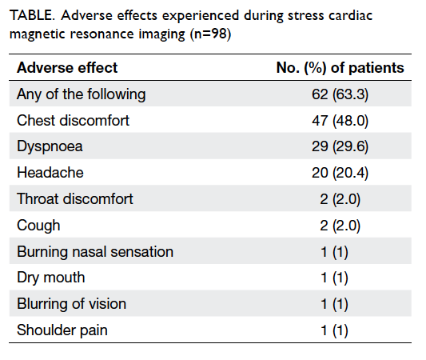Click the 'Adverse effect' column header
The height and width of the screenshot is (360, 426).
coord(67,68)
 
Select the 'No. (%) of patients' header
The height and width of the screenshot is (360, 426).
coord(340,68)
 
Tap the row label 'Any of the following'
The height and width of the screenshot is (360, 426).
coord(82,94)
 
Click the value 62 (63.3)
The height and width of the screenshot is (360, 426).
coord(340,94)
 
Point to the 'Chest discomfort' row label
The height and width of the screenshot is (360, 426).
coord(73,121)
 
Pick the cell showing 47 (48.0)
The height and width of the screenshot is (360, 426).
coord(340,121)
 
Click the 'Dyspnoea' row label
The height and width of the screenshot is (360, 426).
coord(50,147)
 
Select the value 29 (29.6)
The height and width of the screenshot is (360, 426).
coord(340,146)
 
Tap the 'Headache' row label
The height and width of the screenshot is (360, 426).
coord(50,173)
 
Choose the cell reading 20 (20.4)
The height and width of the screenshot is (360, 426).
coord(340,173)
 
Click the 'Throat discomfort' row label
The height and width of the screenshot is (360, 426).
coord(75,199)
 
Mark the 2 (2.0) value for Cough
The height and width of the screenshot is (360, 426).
coord(340,226)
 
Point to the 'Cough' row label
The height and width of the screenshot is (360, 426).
coord(38,226)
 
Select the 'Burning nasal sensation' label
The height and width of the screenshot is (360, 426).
coord(95,252)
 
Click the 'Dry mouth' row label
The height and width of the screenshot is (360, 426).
coord(51,278)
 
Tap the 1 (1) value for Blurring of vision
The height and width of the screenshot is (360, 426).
coord(334,304)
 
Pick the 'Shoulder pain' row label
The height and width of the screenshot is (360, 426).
coord(62,330)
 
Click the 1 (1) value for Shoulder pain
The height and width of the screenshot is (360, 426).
coord(334,330)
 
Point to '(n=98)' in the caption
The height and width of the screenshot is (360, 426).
coord(210,34)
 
